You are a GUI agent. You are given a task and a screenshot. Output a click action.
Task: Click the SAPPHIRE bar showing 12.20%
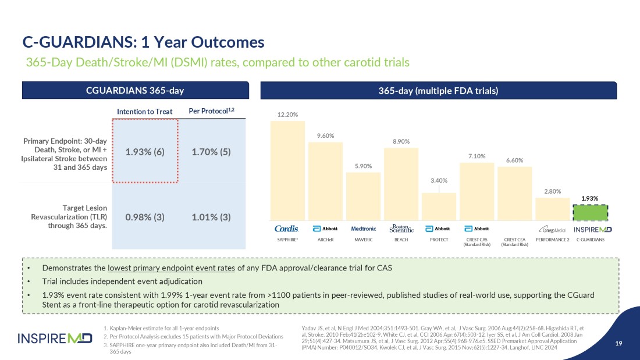[x=287, y=170]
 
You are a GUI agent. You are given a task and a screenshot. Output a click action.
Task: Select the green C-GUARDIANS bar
[x=590, y=213]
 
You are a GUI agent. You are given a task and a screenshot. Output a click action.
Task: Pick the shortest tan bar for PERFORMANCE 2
[x=552, y=209]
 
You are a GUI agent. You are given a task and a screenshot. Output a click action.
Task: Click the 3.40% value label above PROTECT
[x=439, y=180]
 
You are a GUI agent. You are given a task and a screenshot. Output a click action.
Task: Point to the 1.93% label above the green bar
[x=590, y=199]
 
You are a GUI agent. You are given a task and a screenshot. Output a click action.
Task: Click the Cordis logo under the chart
[x=286, y=229]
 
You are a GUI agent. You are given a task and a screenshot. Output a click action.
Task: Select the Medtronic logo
[x=364, y=229]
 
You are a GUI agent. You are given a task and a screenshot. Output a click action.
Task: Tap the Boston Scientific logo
[x=401, y=229]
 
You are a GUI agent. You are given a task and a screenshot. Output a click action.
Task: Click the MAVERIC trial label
[x=364, y=240]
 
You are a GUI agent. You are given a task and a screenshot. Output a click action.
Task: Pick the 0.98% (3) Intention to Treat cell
[x=145, y=217]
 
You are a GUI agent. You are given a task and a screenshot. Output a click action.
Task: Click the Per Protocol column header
[x=211, y=111]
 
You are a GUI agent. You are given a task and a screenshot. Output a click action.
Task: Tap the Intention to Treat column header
[x=145, y=111]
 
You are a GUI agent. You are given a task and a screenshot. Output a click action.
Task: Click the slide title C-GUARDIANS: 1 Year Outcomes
[x=143, y=42]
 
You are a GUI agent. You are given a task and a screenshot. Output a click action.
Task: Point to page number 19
[x=618, y=343]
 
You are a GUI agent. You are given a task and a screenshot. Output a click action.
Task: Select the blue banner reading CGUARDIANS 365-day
[x=135, y=90]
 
